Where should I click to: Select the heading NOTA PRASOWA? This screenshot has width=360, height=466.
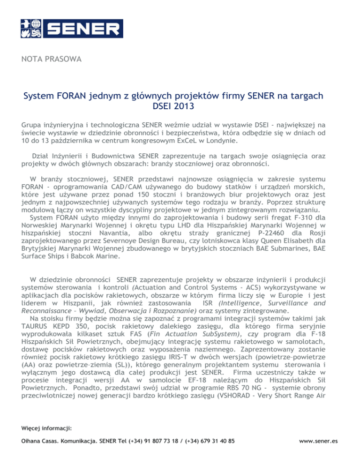pyautogui.click(x=52, y=60)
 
